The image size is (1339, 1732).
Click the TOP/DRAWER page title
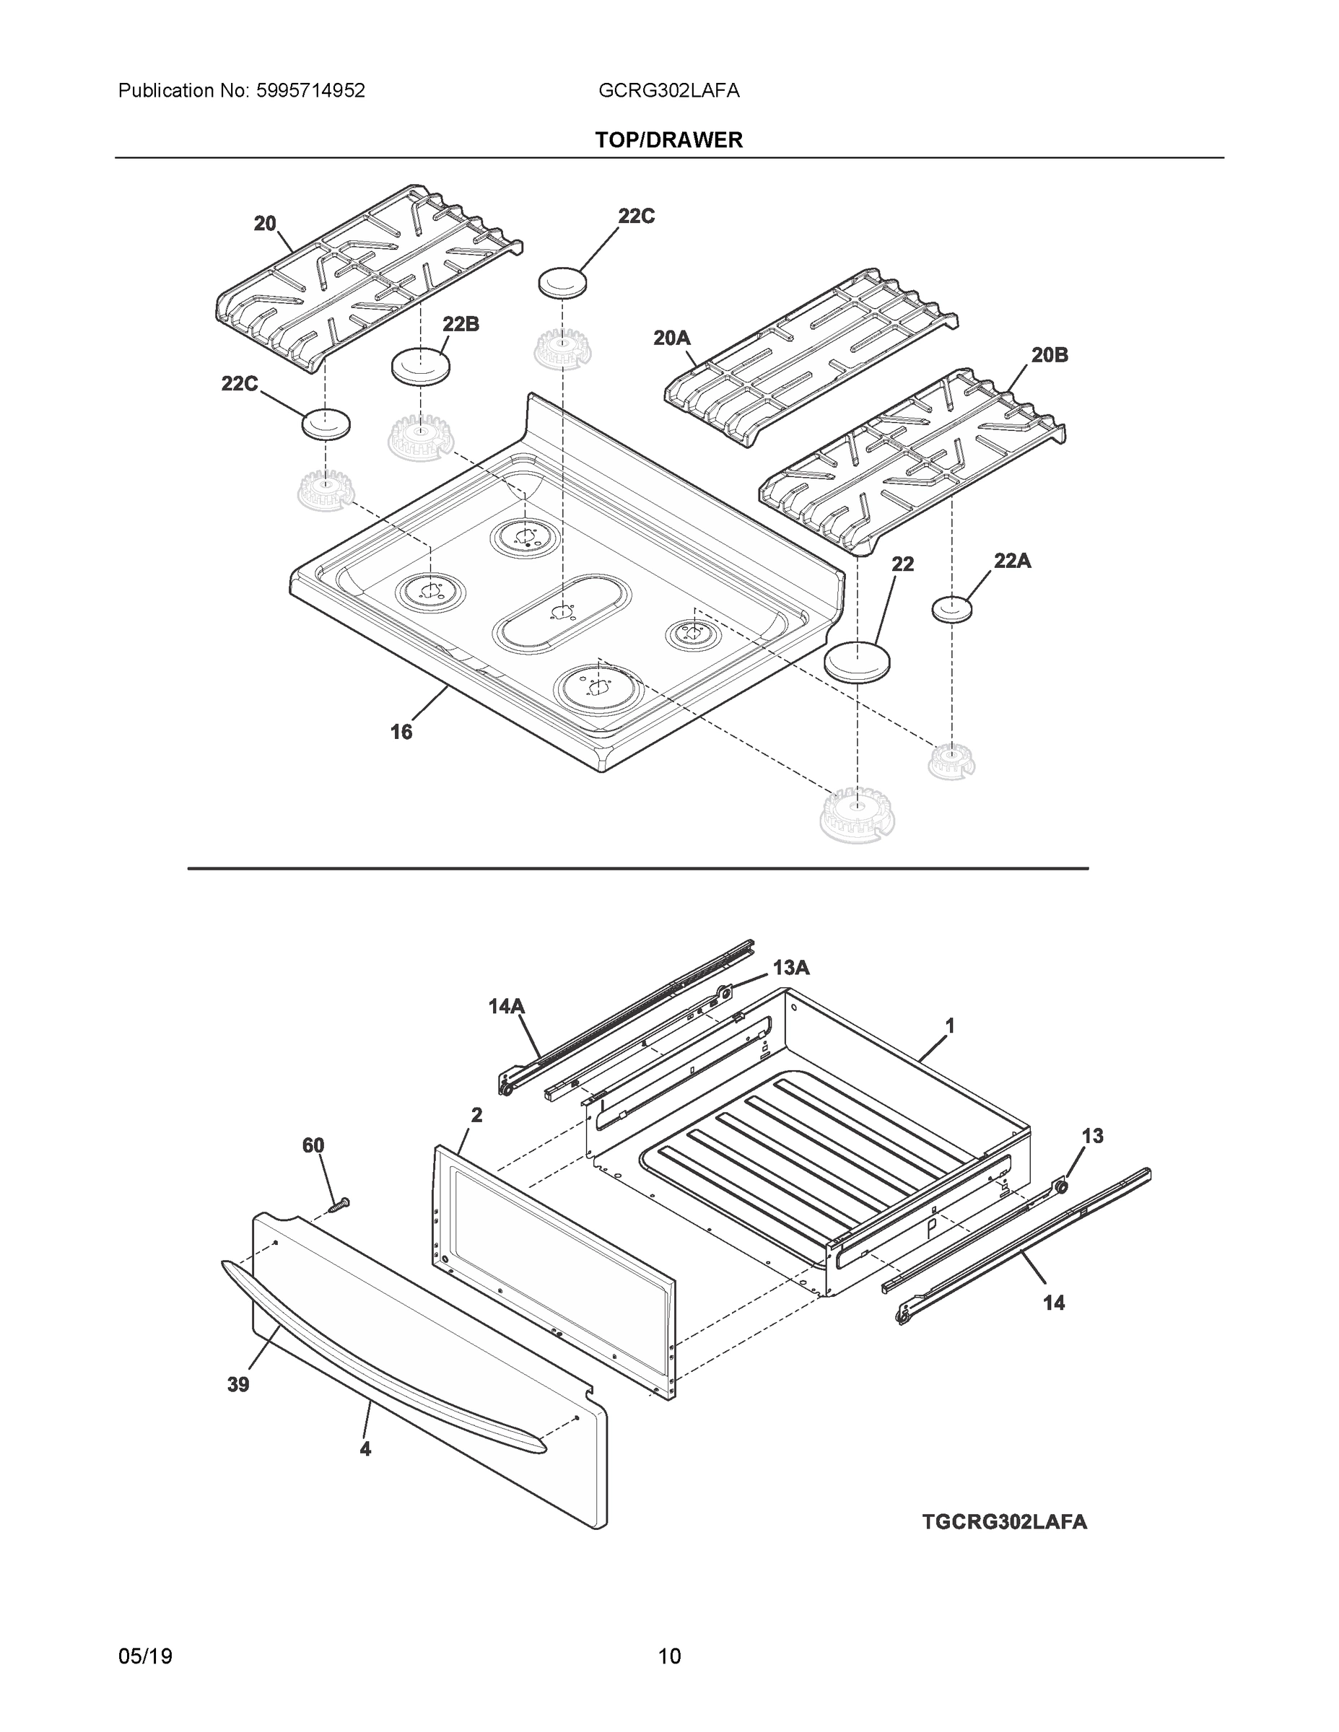click(668, 141)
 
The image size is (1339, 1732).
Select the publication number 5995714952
click(310, 91)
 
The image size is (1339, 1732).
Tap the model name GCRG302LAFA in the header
click(668, 91)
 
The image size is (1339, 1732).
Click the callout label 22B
click(461, 323)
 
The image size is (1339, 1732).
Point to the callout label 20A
click(672, 338)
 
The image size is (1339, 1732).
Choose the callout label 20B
click(1050, 355)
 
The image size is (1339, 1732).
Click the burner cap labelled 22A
click(951, 609)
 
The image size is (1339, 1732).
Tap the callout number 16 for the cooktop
click(401, 732)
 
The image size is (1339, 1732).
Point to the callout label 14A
click(506, 1007)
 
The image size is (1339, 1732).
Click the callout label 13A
click(791, 968)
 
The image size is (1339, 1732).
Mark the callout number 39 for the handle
click(238, 1385)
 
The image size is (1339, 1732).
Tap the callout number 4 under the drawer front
click(365, 1449)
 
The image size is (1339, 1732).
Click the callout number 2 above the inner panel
click(476, 1115)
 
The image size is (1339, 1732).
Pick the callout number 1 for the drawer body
click(949, 1026)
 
